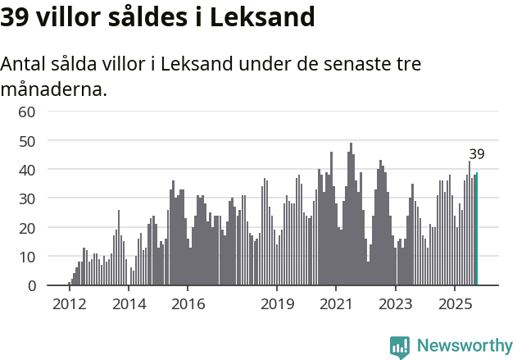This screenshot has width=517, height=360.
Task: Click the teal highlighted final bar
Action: [x=477, y=229]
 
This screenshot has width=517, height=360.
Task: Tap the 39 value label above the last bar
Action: [x=477, y=154]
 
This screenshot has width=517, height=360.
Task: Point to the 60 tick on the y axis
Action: [x=26, y=112]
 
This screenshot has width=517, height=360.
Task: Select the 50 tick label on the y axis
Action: [x=26, y=140]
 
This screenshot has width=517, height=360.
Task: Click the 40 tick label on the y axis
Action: [x=26, y=170]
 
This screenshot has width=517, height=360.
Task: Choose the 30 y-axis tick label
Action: [x=26, y=198]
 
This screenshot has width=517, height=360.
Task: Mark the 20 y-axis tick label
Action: [x=26, y=227]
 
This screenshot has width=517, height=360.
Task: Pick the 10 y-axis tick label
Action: [x=26, y=257]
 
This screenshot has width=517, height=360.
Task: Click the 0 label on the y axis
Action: [x=31, y=285]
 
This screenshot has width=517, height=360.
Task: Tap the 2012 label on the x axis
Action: [x=69, y=304]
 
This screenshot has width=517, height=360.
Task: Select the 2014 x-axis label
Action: [x=128, y=304]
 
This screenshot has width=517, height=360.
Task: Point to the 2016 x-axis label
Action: [x=188, y=304]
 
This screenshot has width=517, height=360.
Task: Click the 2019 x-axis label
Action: [x=277, y=304]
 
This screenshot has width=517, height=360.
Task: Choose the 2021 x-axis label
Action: [x=336, y=304]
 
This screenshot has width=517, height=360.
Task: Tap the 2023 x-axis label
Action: [x=396, y=304]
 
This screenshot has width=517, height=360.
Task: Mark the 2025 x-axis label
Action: [x=455, y=304]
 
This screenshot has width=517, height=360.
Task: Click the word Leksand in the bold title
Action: [x=262, y=17]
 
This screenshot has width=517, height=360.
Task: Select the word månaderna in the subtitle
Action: [x=53, y=89]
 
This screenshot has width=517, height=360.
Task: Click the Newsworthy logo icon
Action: [x=400, y=346]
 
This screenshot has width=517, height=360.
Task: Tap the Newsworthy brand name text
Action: [x=464, y=346]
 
